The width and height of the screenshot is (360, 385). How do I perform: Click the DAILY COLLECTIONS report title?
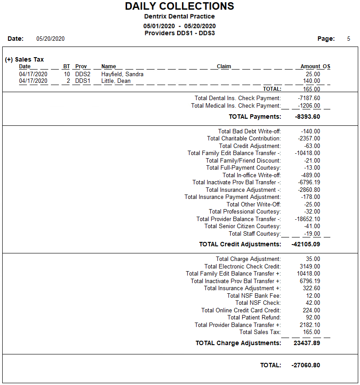tap(179, 6)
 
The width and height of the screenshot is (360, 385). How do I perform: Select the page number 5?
tap(348, 39)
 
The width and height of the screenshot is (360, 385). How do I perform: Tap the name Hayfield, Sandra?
tap(122, 74)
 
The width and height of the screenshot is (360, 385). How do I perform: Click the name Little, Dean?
tap(116, 81)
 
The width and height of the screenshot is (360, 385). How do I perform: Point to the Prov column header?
tap(81, 66)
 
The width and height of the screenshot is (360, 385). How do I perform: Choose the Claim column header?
tap(224, 66)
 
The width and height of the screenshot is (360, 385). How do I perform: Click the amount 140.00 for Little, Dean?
tap(311, 81)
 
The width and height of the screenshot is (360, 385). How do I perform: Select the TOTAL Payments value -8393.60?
tap(307, 117)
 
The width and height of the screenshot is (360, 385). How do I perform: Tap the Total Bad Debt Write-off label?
tap(249, 131)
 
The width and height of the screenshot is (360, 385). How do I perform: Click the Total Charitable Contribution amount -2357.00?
tap(309, 139)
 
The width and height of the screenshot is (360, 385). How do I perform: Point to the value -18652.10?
tap(307, 219)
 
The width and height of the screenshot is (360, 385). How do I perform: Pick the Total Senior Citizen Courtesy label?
tap(242, 226)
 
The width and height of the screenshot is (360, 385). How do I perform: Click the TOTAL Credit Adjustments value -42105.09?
tap(306, 244)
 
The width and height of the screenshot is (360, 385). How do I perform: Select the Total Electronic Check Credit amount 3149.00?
tap(310, 266)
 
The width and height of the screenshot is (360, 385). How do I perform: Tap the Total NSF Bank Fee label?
tap(254, 296)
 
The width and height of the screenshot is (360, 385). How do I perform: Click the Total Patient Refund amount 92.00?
tap(313, 318)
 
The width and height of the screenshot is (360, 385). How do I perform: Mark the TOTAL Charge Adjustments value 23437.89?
tap(307, 343)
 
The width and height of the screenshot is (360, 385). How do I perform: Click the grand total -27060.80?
tap(306, 366)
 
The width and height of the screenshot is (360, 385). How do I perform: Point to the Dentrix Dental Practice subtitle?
tap(179, 16)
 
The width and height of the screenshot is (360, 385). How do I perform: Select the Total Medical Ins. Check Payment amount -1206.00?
tap(309, 106)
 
